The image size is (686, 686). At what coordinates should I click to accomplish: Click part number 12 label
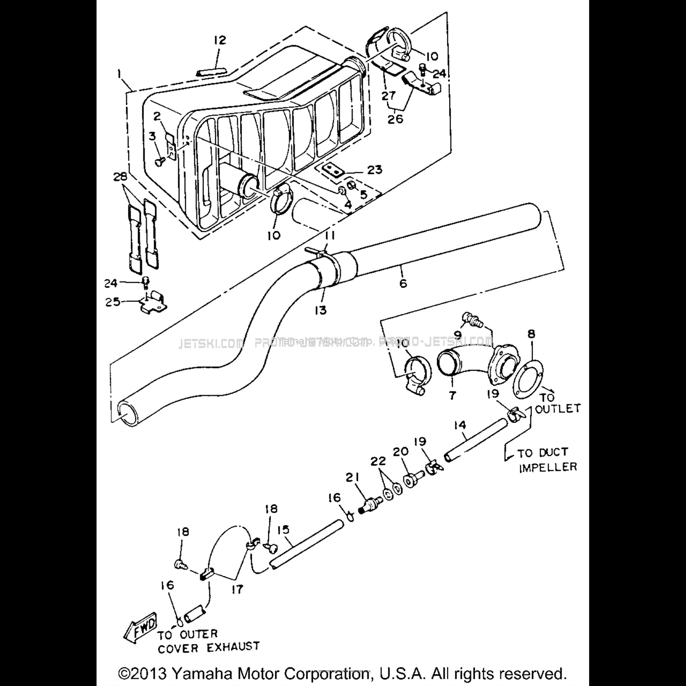[220, 40]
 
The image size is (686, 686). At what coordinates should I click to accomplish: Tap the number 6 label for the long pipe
[403, 283]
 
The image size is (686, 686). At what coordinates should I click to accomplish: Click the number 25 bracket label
[113, 302]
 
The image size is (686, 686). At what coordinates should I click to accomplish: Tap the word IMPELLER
[548, 467]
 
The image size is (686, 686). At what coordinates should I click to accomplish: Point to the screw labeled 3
[158, 162]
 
